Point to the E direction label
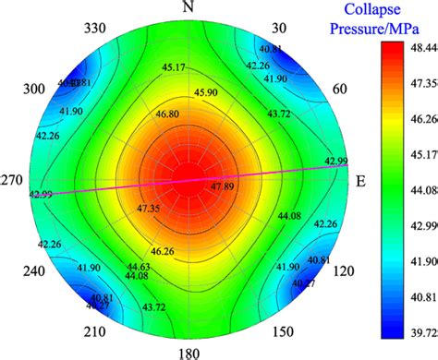pos(361,181)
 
